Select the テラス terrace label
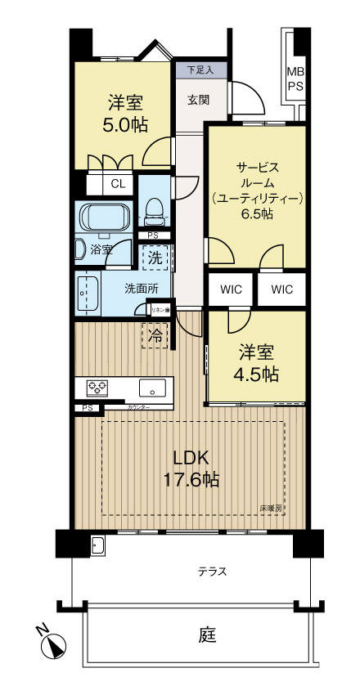[211, 571]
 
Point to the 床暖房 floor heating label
[271, 508]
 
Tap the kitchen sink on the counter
[152, 388]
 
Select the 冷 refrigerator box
[153, 334]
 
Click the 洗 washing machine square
[154, 257]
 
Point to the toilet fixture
[152, 213]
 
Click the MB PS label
[294, 78]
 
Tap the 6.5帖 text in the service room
[257, 214]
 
